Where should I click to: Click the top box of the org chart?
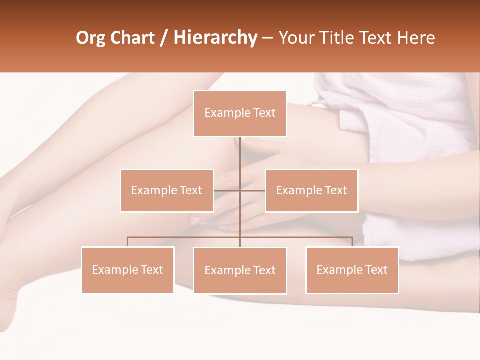coord(240,113)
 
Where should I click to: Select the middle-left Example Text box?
coord(167,190)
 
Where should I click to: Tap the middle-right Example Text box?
coord(311,190)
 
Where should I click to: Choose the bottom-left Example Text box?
coord(128,270)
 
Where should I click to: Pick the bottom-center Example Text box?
coord(240,270)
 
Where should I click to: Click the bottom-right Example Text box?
coord(352,270)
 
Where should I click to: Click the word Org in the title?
coord(90,38)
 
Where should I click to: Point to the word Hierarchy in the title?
coord(215,38)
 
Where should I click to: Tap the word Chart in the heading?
coord(132,38)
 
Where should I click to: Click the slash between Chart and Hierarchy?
coord(164,38)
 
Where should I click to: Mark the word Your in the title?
coord(298,38)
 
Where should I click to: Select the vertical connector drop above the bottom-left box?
coord(128,242)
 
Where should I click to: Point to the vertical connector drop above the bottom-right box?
coord(352,242)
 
